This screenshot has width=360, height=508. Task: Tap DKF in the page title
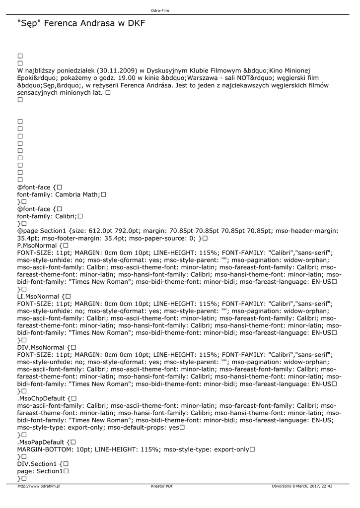coord(136,23)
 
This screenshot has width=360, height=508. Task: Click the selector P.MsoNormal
coord(37,245)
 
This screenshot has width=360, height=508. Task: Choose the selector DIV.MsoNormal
coord(41,347)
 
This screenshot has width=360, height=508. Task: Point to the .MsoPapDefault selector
coord(41,442)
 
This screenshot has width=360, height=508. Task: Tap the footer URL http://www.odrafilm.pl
coord(39,486)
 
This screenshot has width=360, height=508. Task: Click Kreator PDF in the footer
coord(162,486)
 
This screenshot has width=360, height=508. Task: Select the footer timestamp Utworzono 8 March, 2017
coord(296,486)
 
